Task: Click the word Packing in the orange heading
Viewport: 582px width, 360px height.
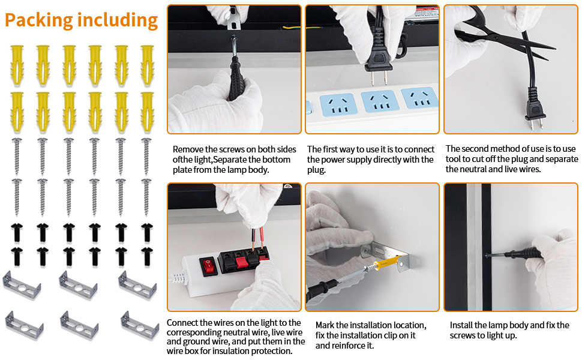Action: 38,20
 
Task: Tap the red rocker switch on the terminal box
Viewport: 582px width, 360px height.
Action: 209,266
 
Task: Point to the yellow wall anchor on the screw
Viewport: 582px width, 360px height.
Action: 388,262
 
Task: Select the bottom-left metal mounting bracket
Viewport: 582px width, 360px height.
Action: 24,326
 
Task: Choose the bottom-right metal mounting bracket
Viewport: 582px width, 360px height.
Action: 140,326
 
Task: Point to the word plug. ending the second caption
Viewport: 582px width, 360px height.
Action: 316,170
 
